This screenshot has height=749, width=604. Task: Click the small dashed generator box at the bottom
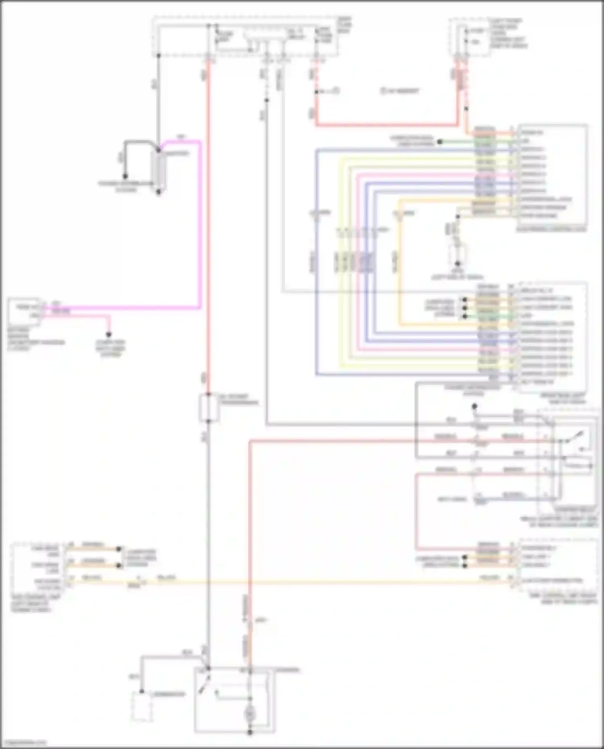[142, 707]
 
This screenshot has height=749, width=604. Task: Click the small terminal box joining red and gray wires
[209, 408]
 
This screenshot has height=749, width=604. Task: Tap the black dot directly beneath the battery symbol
[159, 192]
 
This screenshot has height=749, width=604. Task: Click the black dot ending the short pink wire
[108, 334]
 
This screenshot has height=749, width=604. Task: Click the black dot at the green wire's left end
[440, 142]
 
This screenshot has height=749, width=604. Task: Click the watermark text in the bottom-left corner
[23, 743]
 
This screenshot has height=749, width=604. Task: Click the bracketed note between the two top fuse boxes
[399, 91]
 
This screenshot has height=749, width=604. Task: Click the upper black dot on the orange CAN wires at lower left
[119, 549]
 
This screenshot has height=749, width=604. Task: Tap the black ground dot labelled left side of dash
[457, 264]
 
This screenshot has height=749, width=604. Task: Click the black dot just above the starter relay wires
[474, 406]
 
